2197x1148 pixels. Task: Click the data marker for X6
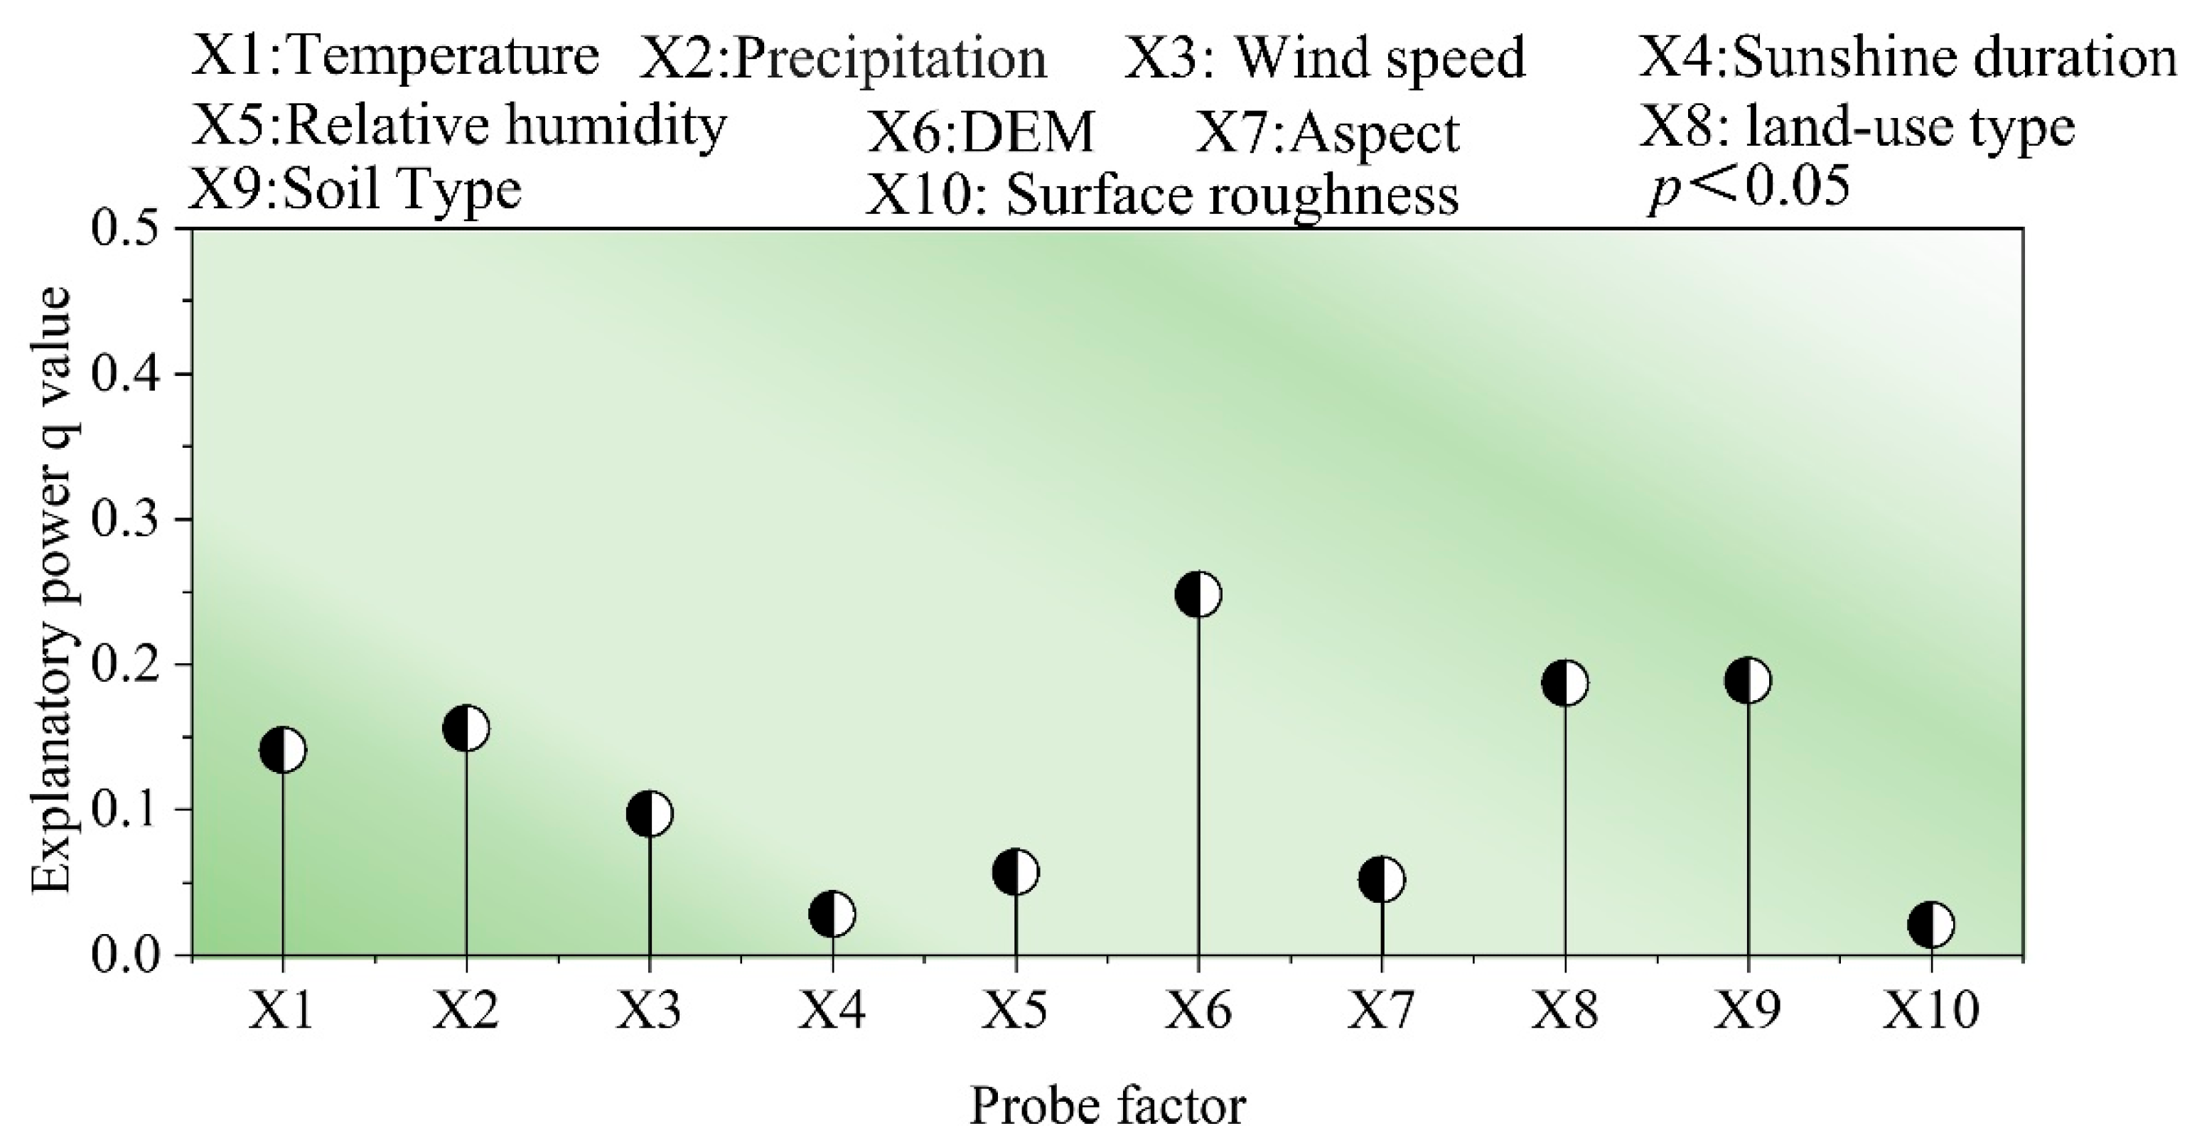pyautogui.click(x=1198, y=594)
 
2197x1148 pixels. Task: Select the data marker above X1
pyautogui.click(x=283, y=751)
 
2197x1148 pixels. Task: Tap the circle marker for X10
pyautogui.click(x=1931, y=925)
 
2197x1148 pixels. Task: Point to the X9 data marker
pyautogui.click(x=1749, y=680)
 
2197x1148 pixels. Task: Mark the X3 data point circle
pyautogui.click(x=650, y=814)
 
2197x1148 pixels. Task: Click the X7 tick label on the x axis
pyautogui.click(x=1382, y=1012)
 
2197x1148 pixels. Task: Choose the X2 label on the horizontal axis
pyautogui.click(x=466, y=1012)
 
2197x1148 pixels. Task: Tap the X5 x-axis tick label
pyautogui.click(x=1015, y=1012)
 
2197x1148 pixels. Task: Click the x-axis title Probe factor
pyautogui.click(x=1107, y=1107)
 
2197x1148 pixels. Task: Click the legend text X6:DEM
pyautogui.click(x=981, y=133)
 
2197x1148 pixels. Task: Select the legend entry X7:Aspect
pyautogui.click(x=1327, y=133)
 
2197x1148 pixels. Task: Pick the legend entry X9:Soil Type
pyautogui.click(x=355, y=189)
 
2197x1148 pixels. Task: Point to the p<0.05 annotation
pyautogui.click(x=1749, y=189)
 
